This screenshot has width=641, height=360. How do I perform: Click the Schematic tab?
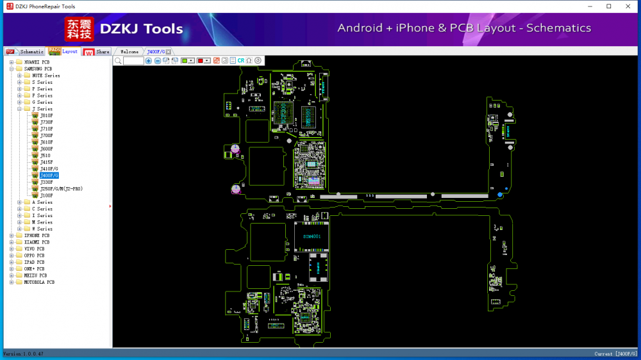tap(31, 52)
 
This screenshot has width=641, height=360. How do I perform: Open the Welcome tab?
tap(129, 52)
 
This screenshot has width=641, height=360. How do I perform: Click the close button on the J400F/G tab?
tap(169, 52)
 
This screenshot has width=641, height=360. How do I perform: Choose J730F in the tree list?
tap(46, 122)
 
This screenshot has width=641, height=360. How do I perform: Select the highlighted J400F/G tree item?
tap(49, 176)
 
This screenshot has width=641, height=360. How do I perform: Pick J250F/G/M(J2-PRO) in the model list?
tap(61, 189)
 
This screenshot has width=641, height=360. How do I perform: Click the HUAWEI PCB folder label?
tap(37, 62)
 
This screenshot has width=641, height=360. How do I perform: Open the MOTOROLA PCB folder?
tap(39, 282)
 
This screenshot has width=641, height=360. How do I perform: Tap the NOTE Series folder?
tap(46, 76)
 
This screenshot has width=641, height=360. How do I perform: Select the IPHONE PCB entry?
tap(37, 236)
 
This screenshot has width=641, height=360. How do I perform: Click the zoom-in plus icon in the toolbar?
tap(149, 61)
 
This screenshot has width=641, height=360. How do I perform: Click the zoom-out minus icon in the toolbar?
tap(158, 61)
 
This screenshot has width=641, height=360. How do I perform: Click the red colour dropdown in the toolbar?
tap(204, 61)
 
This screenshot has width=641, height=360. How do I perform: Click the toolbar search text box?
tap(133, 61)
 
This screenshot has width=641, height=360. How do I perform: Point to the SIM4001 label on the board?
tap(312, 236)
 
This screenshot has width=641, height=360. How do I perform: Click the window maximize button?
tap(608, 6)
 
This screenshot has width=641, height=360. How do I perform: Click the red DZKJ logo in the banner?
tap(79, 29)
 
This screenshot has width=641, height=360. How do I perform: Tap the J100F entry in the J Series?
tap(46, 195)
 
